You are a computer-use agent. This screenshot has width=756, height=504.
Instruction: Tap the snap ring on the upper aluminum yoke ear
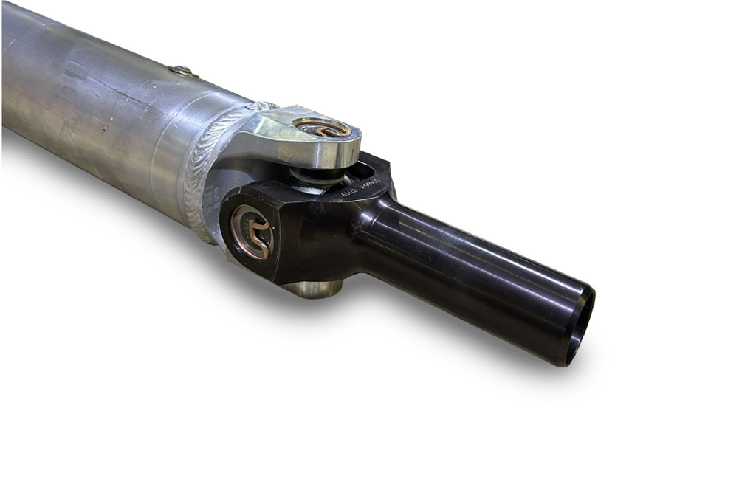323,127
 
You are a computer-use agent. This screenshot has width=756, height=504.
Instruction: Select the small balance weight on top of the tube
183,72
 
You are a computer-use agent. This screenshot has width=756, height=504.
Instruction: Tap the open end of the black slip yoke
581,326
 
